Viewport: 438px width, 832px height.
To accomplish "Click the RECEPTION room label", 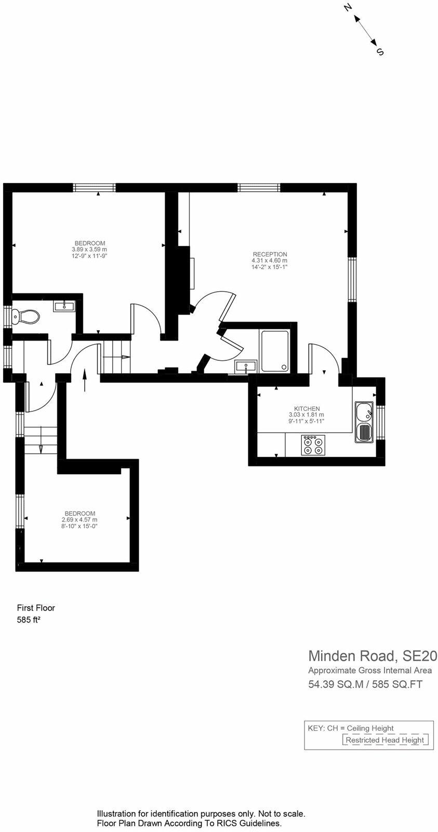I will click(x=269, y=254).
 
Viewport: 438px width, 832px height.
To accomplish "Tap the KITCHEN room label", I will click(x=307, y=408).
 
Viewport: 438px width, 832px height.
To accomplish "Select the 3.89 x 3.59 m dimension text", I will click(x=89, y=249).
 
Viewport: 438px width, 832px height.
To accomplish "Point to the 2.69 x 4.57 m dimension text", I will click(x=79, y=519).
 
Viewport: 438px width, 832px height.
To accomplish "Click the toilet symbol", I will click(x=26, y=316).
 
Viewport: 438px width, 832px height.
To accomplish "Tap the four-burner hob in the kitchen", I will click(x=313, y=445).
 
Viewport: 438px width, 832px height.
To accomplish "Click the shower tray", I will click(x=275, y=352).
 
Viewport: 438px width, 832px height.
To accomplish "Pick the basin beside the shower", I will click(x=244, y=367).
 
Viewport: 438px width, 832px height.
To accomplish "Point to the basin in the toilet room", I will click(x=64, y=306).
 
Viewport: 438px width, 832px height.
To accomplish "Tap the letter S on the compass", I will click(x=380, y=51).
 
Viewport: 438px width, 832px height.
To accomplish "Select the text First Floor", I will click(x=36, y=607).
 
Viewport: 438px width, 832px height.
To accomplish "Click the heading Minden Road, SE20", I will click(x=373, y=655).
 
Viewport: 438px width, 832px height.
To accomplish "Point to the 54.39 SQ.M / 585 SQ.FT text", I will click(x=365, y=684).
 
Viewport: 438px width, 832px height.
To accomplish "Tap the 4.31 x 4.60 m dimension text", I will click(x=269, y=261).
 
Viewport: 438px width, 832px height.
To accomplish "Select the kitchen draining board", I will click(x=364, y=432).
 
